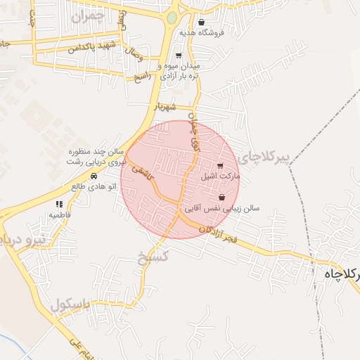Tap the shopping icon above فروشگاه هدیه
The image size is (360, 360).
click(202, 22)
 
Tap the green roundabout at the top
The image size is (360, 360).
click(172, 18)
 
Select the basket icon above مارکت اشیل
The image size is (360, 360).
click(221, 167)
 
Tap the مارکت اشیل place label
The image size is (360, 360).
click(221, 176)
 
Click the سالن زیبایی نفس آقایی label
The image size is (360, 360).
click(222, 209)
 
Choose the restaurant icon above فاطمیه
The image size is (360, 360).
click(59, 204)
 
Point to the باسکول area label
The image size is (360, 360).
click(71, 305)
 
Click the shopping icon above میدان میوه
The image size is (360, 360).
click(179, 56)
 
